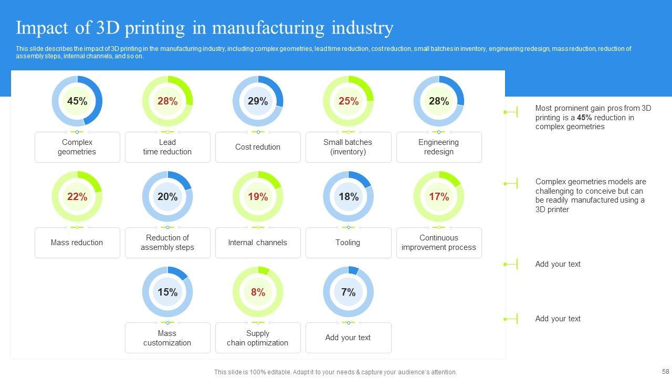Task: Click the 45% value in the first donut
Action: tap(77, 101)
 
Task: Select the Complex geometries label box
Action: tap(77, 147)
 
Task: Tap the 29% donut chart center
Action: tap(258, 101)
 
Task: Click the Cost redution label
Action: tap(258, 147)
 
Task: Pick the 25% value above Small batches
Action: tap(348, 101)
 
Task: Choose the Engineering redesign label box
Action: tap(438, 147)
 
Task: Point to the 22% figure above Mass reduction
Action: tap(77, 197)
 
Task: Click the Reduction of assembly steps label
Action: tap(167, 243)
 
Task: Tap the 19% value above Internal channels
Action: tap(258, 197)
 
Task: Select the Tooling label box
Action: tap(348, 243)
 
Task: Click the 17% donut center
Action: tap(438, 197)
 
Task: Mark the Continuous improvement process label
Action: tap(438, 243)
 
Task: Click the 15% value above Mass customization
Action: tap(167, 292)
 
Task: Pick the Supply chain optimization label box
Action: tap(258, 338)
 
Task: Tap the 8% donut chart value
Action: tap(258, 292)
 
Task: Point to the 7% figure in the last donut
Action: tap(348, 292)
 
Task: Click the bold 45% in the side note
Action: tap(584, 118)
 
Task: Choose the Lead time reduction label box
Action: tap(167, 147)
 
